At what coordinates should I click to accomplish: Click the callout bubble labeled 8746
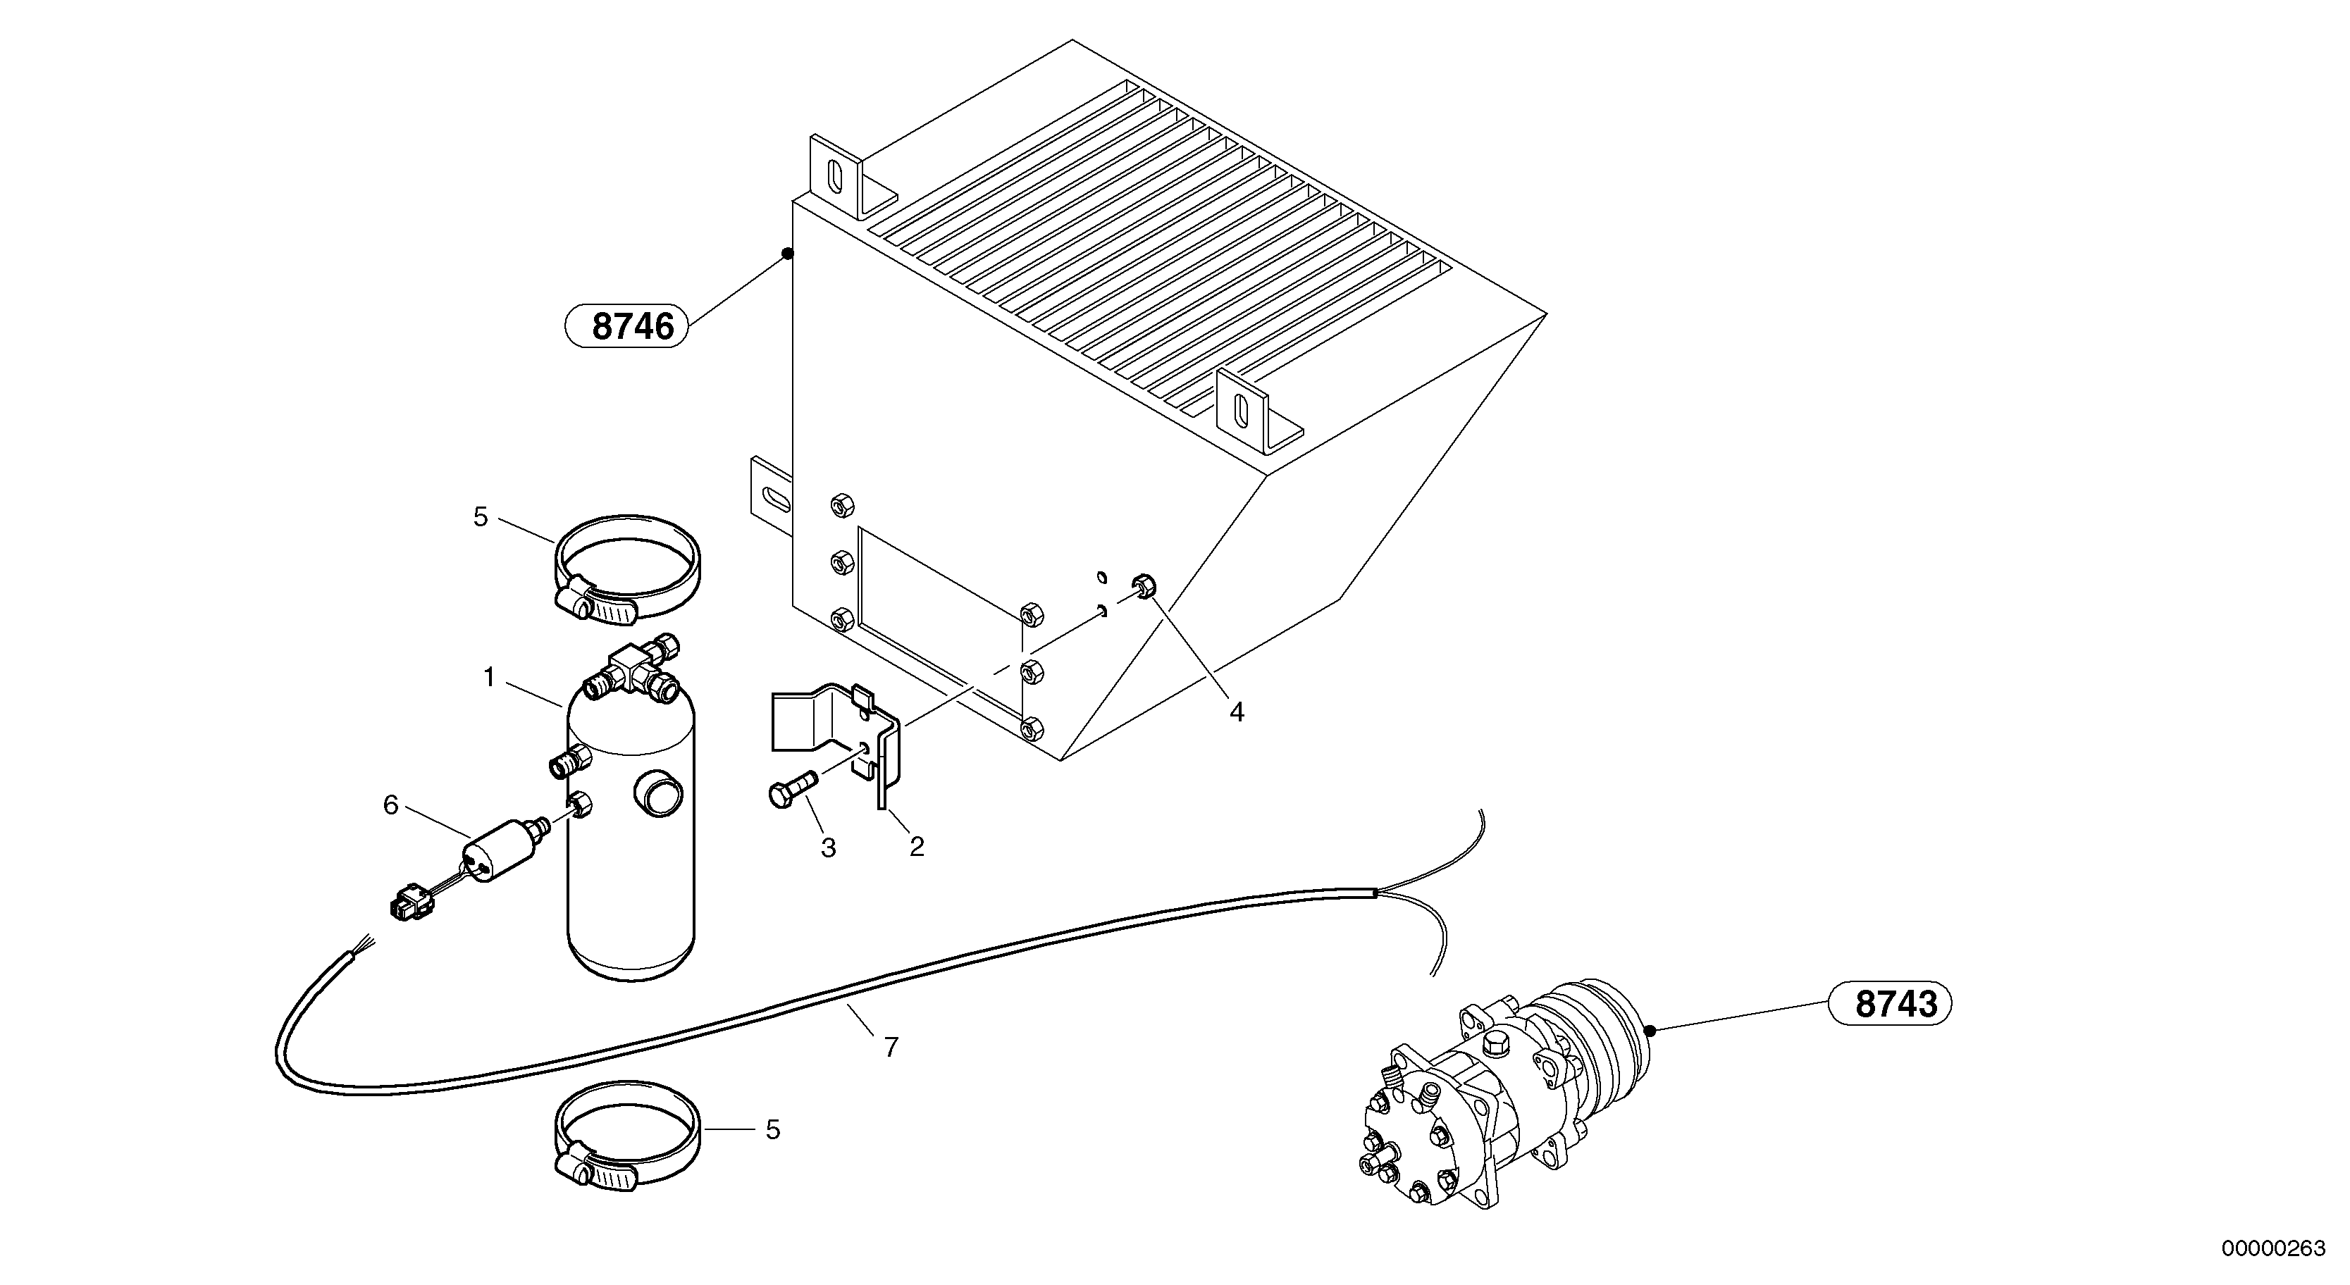626,325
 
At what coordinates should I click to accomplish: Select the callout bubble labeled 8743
1889,1004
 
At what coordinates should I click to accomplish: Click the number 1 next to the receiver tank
489,678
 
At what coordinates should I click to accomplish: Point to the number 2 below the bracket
916,848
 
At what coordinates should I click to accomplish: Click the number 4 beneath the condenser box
1236,712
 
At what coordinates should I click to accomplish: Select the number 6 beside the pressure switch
390,805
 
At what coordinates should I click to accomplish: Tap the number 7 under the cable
891,1047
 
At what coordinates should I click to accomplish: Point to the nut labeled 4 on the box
1143,585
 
